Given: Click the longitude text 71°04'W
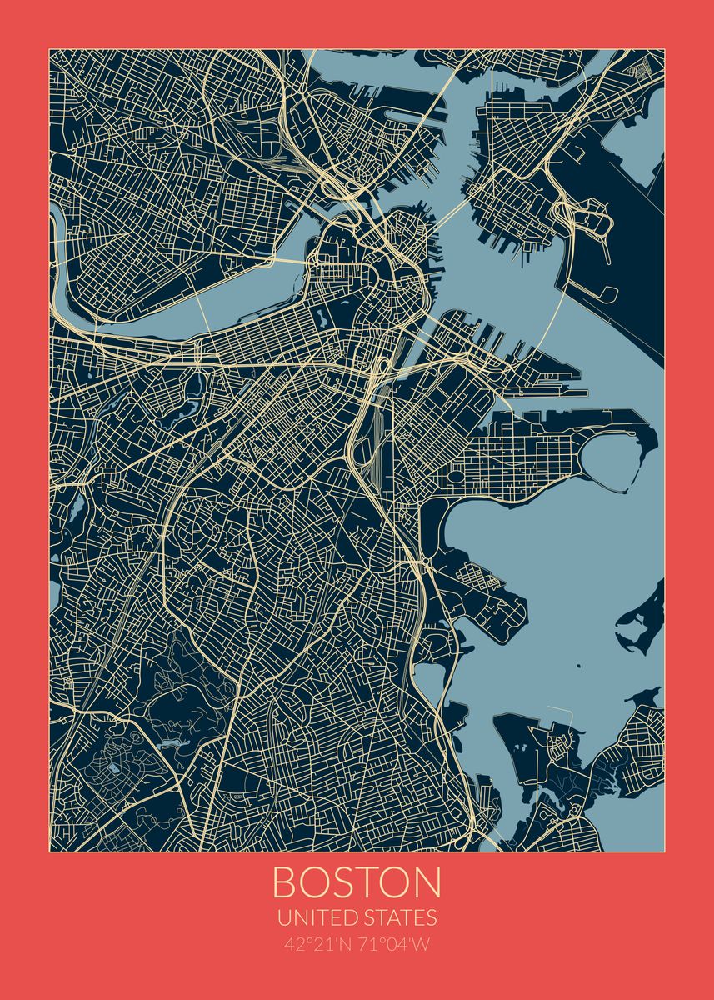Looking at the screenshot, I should pyautogui.click(x=395, y=946).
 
